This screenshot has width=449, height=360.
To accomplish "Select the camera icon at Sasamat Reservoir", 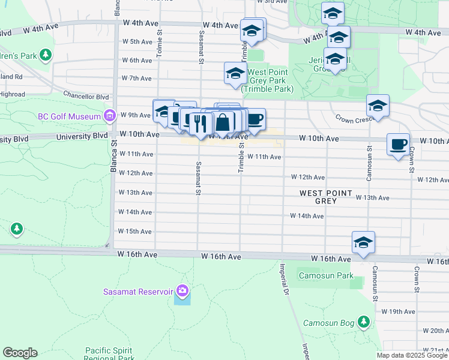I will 182,292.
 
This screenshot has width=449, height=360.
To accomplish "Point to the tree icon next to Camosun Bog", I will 363,322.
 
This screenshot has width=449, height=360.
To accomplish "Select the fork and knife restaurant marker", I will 199,124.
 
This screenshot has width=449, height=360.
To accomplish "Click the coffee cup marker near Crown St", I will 398,145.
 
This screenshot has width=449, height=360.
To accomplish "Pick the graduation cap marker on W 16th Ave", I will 363,242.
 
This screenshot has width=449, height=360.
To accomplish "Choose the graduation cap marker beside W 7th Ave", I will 235,74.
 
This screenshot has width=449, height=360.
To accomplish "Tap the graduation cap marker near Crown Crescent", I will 378,106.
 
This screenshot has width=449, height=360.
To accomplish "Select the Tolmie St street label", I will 160,45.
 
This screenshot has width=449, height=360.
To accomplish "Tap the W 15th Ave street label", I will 135,232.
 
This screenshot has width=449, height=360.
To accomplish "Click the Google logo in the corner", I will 20,353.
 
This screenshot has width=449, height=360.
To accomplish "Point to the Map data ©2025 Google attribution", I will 412,355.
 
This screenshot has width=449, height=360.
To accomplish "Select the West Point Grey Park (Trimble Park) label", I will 268,80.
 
